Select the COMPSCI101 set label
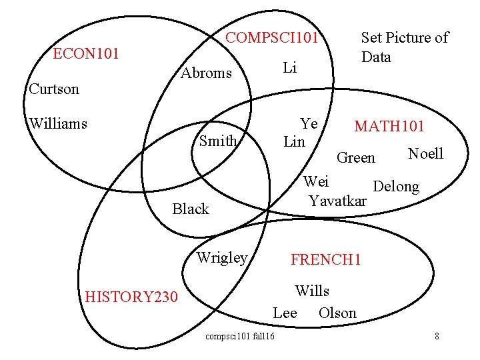[x=272, y=37]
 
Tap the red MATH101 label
[x=389, y=127]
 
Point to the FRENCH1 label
[x=325, y=260]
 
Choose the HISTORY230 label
[x=132, y=297]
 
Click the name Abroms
[x=207, y=73]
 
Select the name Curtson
[x=54, y=89]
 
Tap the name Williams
[x=59, y=123]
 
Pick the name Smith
[x=218, y=141]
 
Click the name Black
[x=191, y=209]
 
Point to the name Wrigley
[x=222, y=257]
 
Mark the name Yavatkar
[x=338, y=199]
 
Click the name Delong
[x=396, y=186]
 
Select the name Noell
[x=425, y=154]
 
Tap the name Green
[x=356, y=158]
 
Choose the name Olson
[x=337, y=313]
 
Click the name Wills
[x=312, y=291]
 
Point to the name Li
[x=289, y=67]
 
